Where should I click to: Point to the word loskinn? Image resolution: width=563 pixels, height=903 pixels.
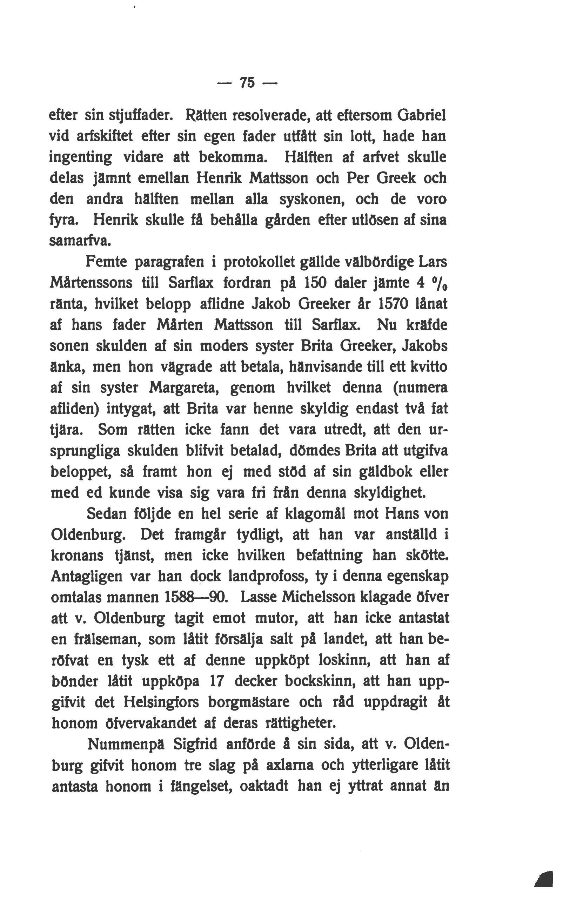click(341, 661)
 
